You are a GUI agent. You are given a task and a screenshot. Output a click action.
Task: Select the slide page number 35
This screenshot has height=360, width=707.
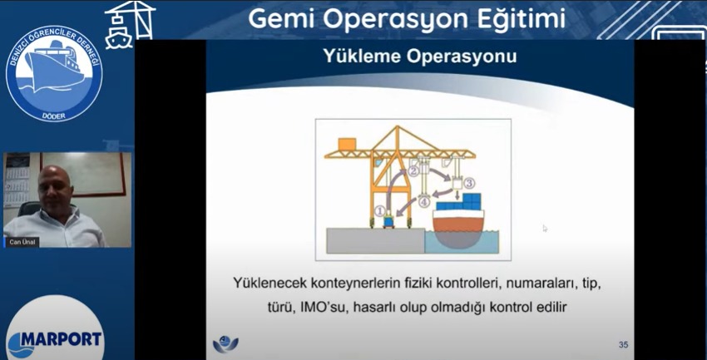tap(623, 345)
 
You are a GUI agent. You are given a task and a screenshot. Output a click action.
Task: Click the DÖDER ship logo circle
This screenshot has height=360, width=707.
tap(54, 74)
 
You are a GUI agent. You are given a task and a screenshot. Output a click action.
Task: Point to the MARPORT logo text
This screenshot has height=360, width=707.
tap(61, 339)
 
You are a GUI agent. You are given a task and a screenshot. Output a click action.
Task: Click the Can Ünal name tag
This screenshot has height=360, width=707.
tap(21, 243)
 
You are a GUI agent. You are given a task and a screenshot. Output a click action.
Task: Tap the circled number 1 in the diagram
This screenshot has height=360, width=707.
tap(380, 210)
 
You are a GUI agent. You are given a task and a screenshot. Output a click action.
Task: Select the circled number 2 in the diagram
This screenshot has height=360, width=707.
tap(413, 170)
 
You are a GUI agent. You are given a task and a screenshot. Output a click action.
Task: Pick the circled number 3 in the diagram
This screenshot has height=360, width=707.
tap(469, 182)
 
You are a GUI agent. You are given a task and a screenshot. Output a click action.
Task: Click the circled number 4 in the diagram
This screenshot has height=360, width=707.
tap(423, 202)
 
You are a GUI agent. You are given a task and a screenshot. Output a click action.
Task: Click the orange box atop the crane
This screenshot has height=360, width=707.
tap(347, 144)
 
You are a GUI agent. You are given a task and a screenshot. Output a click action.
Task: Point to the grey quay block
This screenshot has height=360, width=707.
tap(374, 240)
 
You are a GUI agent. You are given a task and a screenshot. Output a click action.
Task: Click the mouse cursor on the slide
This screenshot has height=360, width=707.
tap(545, 229)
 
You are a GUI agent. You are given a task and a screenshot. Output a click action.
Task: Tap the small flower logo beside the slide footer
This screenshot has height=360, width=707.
tap(225, 345)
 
